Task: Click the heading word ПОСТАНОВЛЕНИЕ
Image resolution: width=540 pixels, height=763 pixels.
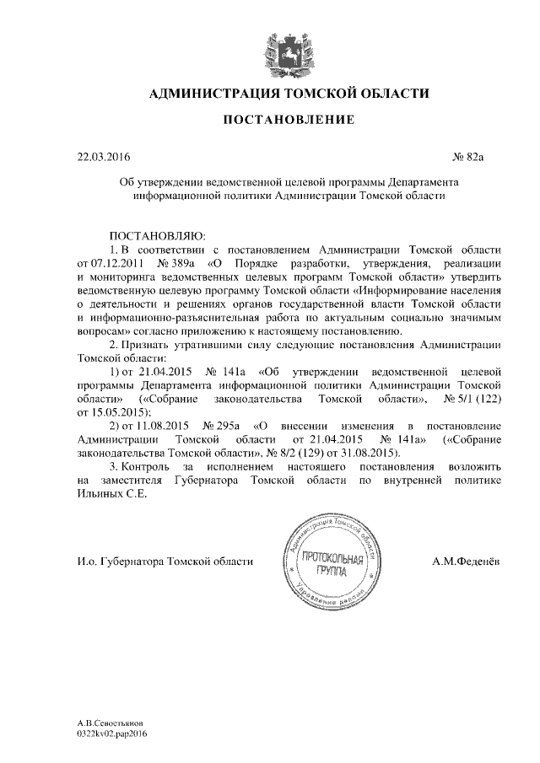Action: [x=288, y=121]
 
